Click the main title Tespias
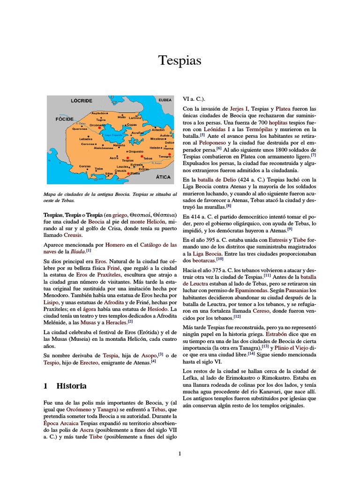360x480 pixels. (x=180, y=60)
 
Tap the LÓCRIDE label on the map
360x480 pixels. (x=81, y=100)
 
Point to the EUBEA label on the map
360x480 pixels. (x=165, y=100)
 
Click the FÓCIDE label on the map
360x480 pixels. (x=65, y=119)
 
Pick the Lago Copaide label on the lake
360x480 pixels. (x=113, y=135)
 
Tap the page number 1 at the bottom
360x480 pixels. (x=180, y=453)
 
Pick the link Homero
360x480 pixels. (x=115, y=245)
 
